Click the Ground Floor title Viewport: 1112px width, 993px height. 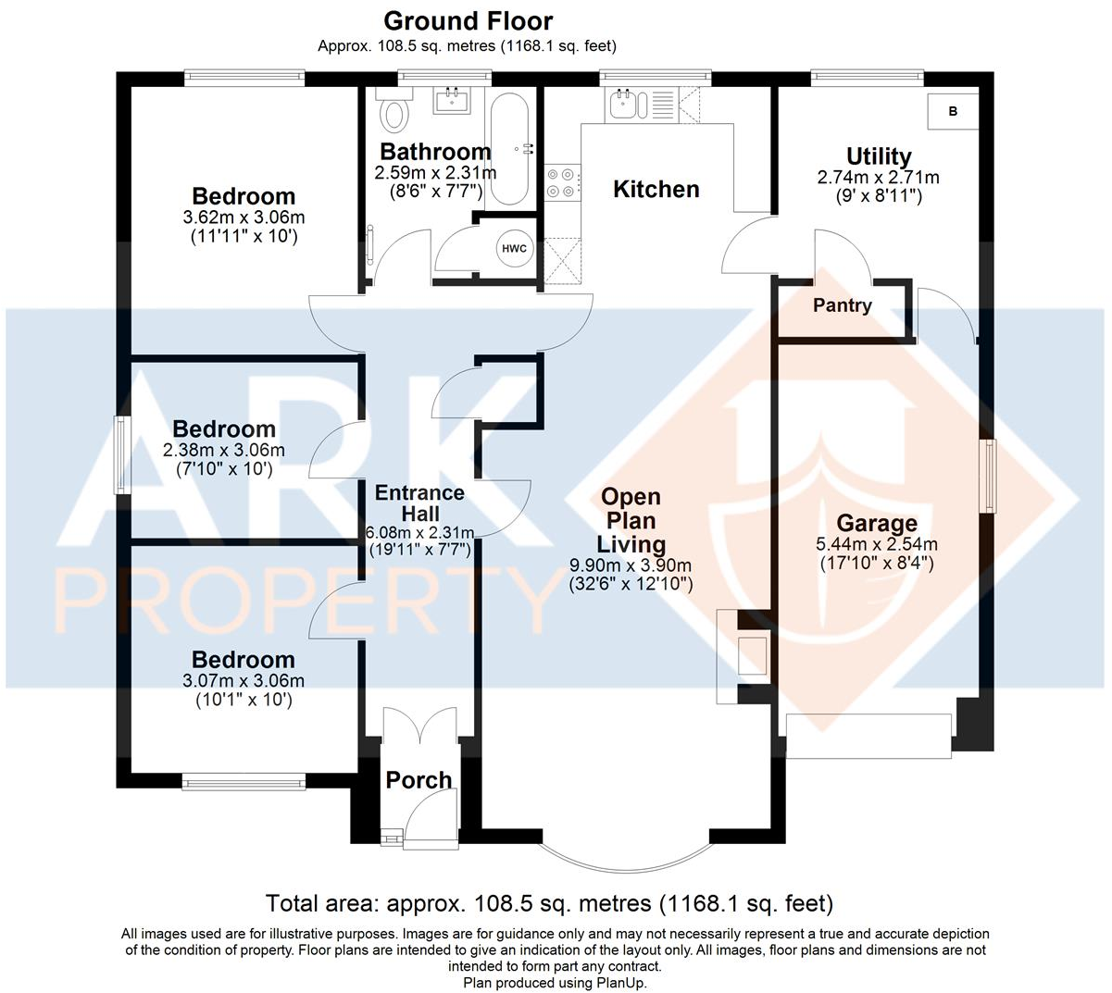[468, 21]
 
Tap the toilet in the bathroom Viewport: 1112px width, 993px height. [395, 112]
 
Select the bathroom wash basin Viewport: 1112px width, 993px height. [452, 100]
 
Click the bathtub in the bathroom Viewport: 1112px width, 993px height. [509, 148]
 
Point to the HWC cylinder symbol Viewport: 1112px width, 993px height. [514, 249]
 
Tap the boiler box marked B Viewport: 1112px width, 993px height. [953, 111]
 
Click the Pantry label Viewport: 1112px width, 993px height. [842, 305]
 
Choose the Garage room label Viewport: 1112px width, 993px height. [876, 524]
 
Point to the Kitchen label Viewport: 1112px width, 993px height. [656, 189]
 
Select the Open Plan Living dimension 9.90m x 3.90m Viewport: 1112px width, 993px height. [630, 565]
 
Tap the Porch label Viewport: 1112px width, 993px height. [419, 780]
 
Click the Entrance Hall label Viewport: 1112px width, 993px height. [419, 503]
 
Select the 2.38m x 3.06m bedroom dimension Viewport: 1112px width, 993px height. [224, 451]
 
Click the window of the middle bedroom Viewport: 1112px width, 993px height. [120, 454]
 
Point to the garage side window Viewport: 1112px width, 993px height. [989, 476]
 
